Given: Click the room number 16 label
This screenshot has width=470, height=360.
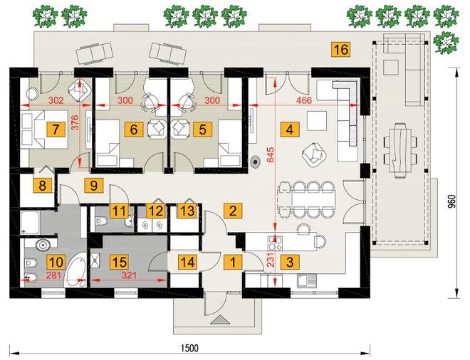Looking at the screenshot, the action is [x=341, y=49].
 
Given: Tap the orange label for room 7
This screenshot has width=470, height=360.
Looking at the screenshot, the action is [x=56, y=129].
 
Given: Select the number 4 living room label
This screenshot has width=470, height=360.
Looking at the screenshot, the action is [x=290, y=129].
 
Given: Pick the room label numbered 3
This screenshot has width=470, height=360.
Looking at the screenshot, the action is [x=290, y=262].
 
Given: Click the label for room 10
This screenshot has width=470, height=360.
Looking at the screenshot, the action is [x=56, y=262].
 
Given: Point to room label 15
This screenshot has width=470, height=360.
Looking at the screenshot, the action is [x=120, y=262].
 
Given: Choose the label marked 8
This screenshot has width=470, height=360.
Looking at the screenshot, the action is [x=42, y=186].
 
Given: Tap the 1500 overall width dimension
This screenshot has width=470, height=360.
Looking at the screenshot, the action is [x=190, y=348].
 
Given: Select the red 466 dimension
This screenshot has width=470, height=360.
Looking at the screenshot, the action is [x=304, y=100].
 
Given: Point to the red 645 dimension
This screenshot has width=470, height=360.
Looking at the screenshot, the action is [x=271, y=154].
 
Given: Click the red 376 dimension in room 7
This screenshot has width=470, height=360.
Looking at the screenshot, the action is [x=75, y=122].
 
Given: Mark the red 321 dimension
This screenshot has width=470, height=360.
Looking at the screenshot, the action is [x=129, y=275].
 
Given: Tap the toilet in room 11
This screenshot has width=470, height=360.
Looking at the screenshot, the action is [x=101, y=221].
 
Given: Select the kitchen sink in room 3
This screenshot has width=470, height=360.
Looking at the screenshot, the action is [x=307, y=280].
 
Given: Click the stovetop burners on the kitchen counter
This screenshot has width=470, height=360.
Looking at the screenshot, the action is [x=275, y=243].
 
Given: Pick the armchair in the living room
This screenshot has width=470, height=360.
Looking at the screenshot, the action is [x=315, y=155].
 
